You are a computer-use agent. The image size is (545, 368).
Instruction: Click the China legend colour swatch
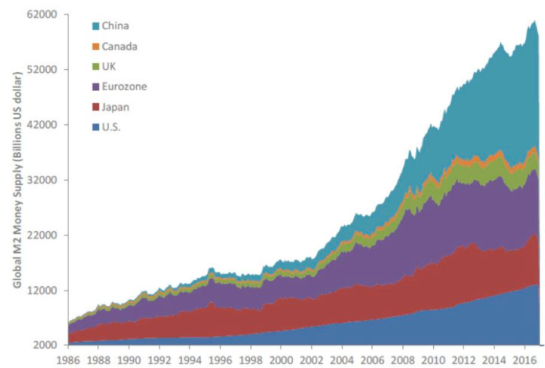(95, 26)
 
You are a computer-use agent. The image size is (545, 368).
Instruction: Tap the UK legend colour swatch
(95, 66)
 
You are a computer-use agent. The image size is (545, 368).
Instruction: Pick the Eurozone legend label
(124, 87)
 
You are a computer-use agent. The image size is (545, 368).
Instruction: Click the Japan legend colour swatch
(95, 107)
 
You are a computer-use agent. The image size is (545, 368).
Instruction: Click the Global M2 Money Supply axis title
(19, 179)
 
